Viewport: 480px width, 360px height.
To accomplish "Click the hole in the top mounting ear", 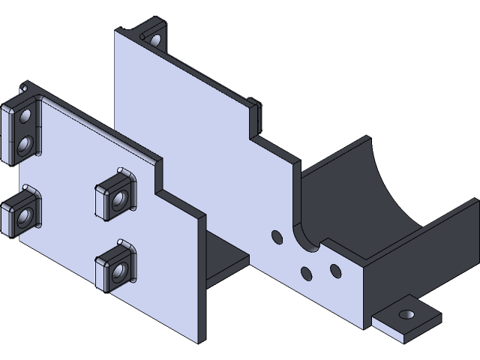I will [x=156, y=39].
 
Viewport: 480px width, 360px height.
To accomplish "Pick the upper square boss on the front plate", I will [x=114, y=197].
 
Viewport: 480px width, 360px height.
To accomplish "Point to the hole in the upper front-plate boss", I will [x=118, y=202].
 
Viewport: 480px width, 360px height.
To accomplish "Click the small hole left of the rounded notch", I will [x=276, y=238].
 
